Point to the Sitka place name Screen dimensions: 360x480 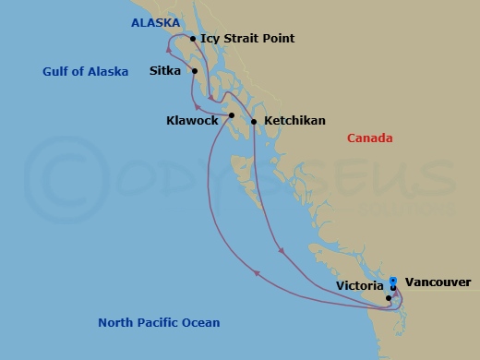tap(164, 69)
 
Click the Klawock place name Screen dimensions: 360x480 tap(192, 120)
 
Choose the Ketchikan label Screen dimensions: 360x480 tap(294, 120)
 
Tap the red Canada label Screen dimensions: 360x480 tap(370, 138)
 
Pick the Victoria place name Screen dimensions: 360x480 tap(358, 286)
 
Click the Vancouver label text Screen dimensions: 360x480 tap(438, 282)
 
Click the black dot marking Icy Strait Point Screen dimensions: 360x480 tap(192, 39)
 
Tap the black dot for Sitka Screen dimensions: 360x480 tap(195, 70)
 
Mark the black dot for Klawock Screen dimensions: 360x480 tap(231, 115)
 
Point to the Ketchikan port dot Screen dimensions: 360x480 tap(254, 121)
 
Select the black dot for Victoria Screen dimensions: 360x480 tap(389, 297)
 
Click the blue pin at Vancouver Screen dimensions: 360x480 tap(393, 281)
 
